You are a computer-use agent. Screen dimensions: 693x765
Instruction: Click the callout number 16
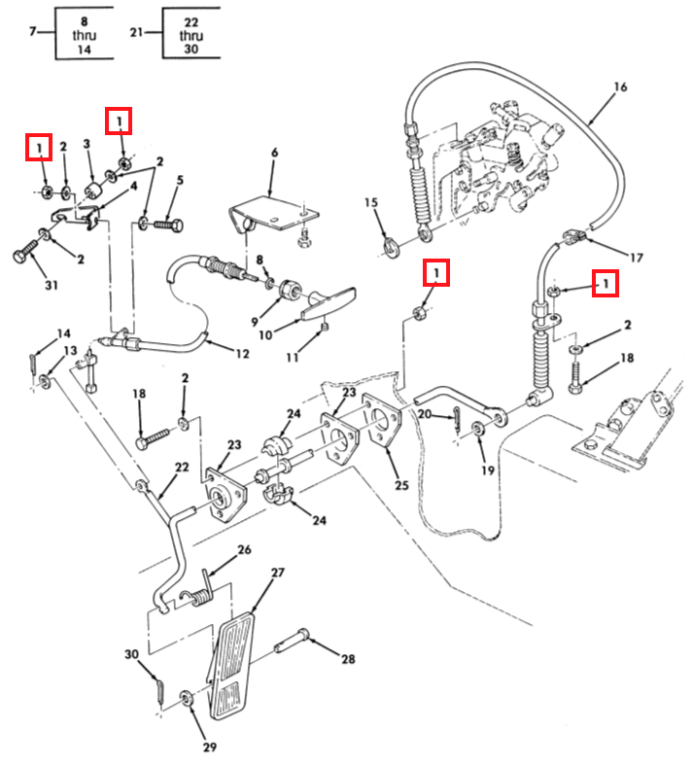pyautogui.click(x=620, y=87)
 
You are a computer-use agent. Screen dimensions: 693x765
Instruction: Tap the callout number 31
pyautogui.click(x=52, y=285)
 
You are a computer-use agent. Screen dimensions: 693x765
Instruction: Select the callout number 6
pyautogui.click(x=274, y=153)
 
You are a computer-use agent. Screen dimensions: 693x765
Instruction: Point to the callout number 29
pyautogui.click(x=210, y=747)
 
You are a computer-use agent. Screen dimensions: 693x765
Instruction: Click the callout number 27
pyautogui.click(x=278, y=573)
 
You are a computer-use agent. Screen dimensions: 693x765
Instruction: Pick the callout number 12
pyautogui.click(x=242, y=354)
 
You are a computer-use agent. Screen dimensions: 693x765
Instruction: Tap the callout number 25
pyautogui.click(x=401, y=485)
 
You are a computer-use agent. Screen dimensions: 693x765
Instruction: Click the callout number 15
pyautogui.click(x=371, y=202)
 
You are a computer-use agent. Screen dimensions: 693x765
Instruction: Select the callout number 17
pyautogui.click(x=637, y=258)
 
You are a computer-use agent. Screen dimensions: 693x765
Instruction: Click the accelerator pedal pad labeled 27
pyautogui.click(x=233, y=666)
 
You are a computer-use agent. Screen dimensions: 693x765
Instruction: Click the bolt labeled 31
pyautogui.click(x=26, y=251)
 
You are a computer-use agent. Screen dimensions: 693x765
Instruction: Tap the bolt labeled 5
pyautogui.click(x=168, y=226)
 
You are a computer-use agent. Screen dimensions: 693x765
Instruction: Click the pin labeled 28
pyautogui.click(x=291, y=641)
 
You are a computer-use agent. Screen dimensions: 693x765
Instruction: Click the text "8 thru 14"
pyautogui.click(x=85, y=35)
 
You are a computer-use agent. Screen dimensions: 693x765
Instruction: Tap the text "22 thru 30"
pyautogui.click(x=191, y=35)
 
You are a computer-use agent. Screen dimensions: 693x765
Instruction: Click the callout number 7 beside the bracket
pyautogui.click(x=32, y=32)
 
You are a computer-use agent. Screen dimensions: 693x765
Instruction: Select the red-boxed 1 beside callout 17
pyautogui.click(x=606, y=283)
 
